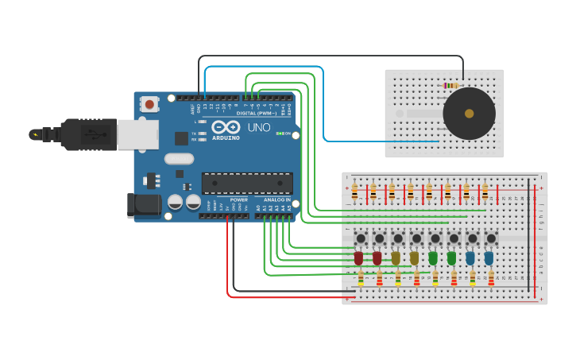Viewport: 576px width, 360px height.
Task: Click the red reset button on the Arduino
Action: [x=149, y=103]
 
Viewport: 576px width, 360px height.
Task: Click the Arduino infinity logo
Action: [x=226, y=127]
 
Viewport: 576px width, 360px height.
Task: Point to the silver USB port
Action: [x=137, y=134]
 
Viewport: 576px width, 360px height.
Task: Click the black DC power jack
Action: [x=144, y=205]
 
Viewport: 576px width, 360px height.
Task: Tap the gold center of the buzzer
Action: [x=469, y=114]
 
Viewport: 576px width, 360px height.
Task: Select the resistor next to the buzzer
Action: [x=450, y=85]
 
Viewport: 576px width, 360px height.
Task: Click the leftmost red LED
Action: [x=358, y=257]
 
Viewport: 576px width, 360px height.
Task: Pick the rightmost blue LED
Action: [x=489, y=257]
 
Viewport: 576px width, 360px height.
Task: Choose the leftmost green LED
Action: [x=433, y=257]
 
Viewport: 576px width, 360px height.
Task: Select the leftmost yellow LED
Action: [x=396, y=257]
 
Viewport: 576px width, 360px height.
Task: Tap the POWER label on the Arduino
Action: [x=238, y=199]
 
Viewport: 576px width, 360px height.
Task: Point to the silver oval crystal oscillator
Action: [x=180, y=158]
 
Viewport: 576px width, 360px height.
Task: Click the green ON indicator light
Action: [x=280, y=133]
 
